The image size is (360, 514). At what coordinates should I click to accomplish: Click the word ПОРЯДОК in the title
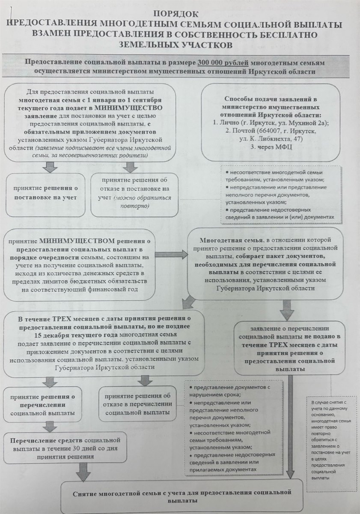tap(176, 14)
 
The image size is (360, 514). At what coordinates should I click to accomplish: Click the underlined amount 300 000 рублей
tap(223, 63)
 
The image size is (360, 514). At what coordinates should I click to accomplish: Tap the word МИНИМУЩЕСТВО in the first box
tap(128, 108)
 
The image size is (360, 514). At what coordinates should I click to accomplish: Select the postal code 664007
tap(270, 131)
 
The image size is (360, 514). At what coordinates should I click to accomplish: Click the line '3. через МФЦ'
tap(271, 147)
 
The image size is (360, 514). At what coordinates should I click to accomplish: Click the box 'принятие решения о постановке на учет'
tap(45, 195)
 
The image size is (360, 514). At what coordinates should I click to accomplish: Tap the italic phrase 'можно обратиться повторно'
tap(142, 202)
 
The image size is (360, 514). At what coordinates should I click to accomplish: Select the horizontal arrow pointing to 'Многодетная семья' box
tap(171, 255)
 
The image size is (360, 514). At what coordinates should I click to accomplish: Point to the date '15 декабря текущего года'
tap(76, 335)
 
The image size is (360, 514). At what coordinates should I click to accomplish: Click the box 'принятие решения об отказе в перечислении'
tap(137, 403)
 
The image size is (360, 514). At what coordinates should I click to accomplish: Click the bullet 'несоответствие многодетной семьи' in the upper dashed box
tap(274, 176)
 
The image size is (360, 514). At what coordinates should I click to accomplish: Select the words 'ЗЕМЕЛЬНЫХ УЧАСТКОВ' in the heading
tap(176, 45)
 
